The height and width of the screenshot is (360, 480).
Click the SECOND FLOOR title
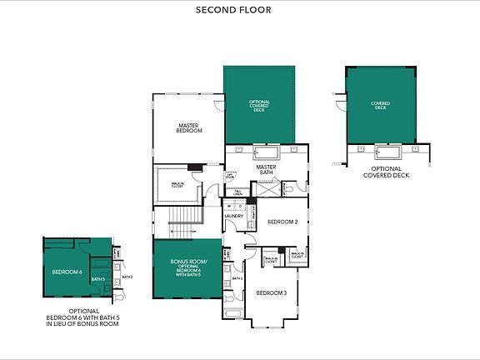coord(233,10)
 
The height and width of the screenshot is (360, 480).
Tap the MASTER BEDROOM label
coord(189,128)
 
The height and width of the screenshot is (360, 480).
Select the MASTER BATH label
coord(266,169)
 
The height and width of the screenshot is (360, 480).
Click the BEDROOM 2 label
coord(282,222)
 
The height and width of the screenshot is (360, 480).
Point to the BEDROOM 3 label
coord(271,292)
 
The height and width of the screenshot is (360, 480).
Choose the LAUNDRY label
coord(233,216)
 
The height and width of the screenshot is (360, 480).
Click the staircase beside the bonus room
coord(182,221)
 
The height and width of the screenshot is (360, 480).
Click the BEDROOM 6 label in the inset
coord(67,272)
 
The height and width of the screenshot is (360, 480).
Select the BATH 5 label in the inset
coord(97,279)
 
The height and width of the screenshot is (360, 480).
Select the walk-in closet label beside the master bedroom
coord(177,186)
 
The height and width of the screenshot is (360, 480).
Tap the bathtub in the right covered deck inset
coord(387,152)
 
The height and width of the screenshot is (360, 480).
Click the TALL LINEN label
coord(237,193)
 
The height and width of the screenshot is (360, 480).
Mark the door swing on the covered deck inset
coord(340,106)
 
